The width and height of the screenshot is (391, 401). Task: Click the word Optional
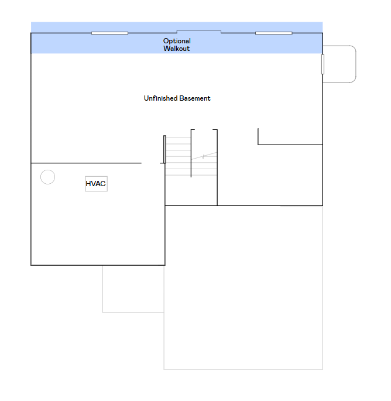[x=177, y=41]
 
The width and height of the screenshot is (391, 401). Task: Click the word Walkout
[x=176, y=49]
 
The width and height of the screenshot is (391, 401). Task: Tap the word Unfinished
[x=160, y=98]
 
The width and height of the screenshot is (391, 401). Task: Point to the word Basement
[x=195, y=98]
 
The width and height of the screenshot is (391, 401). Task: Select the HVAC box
[x=96, y=184]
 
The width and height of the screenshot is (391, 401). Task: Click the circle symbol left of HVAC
[x=47, y=177]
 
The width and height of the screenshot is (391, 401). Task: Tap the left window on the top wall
[x=109, y=33]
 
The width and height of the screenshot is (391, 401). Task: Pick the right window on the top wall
[x=273, y=33]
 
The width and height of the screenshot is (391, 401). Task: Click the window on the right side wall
[x=323, y=64]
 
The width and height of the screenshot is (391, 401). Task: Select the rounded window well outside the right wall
[x=356, y=64]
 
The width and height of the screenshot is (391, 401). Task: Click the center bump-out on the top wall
[x=199, y=31]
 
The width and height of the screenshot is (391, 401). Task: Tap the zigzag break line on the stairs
[x=204, y=156]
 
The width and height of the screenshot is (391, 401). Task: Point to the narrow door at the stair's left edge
[x=164, y=149]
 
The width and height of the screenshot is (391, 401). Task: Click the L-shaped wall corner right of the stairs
[x=258, y=145]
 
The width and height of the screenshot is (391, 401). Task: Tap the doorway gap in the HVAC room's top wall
[x=150, y=163]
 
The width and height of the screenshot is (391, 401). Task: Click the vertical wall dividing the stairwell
[x=191, y=153]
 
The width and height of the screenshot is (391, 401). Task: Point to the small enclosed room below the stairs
[x=191, y=191]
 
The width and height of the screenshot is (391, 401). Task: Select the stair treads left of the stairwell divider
[x=179, y=156]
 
